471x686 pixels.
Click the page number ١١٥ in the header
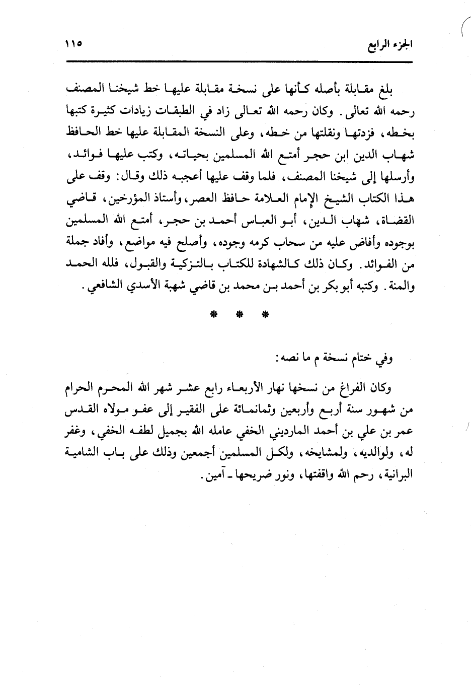73,44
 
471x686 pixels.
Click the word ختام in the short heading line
362,359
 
